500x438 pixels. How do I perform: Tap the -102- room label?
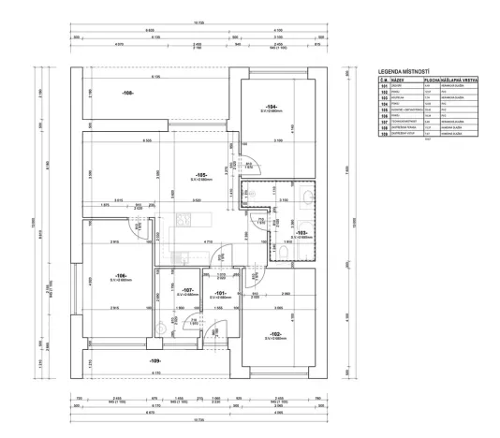click(275, 334)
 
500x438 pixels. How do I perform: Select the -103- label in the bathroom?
click(300, 233)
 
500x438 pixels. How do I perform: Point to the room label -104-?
click(272, 107)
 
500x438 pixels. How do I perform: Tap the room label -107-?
click(187, 291)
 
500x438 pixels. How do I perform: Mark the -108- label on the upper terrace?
click(127, 94)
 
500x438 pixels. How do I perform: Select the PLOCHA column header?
click(423, 80)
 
